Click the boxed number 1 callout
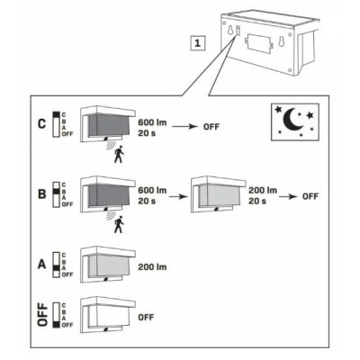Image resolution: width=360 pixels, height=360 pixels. pyautogui.click(x=197, y=42)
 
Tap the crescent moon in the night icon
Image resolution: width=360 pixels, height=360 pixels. pyautogui.click(x=292, y=120)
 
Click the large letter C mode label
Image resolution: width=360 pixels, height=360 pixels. pyautogui.click(x=42, y=124)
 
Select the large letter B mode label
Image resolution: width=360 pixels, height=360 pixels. pyautogui.click(x=42, y=193)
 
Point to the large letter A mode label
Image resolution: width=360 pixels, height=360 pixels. pyautogui.click(x=42, y=265)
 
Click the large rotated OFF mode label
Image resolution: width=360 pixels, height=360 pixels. pyautogui.click(x=42, y=314)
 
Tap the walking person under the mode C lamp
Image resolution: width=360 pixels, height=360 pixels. pyautogui.click(x=119, y=154)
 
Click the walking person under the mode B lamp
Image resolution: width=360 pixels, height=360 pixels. pyautogui.click(x=119, y=224)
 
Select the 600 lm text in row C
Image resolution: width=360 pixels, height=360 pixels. pyautogui.click(x=152, y=122)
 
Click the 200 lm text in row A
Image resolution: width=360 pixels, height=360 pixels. pyautogui.click(x=152, y=267)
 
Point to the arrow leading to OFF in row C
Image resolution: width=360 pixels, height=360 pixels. pyautogui.click(x=184, y=127)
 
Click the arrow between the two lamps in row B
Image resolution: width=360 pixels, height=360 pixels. pyautogui.click(x=178, y=197)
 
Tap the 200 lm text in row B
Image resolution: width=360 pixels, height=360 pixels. pyautogui.click(x=263, y=190)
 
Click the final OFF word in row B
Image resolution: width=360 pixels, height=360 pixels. pyautogui.click(x=310, y=197)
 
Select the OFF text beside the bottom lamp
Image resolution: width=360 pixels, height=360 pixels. pyautogui.click(x=146, y=317)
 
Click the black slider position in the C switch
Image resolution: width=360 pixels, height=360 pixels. pyautogui.click(x=56, y=114)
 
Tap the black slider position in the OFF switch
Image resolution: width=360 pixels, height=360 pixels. pyautogui.click(x=56, y=324)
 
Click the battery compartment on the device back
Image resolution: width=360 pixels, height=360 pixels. pyautogui.click(x=258, y=44)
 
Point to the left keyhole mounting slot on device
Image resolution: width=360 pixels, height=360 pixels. pyautogui.click(x=230, y=31)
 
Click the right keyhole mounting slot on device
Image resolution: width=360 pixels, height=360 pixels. pyautogui.click(x=282, y=41)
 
